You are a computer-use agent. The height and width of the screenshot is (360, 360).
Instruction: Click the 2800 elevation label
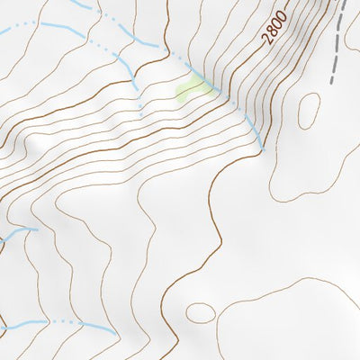point(274,29)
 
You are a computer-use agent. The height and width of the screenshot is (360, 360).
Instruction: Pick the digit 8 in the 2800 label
point(270,32)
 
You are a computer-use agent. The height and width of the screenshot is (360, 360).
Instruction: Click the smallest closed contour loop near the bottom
point(201,313)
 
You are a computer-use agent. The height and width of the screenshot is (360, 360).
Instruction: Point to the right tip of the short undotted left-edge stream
point(37,229)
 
